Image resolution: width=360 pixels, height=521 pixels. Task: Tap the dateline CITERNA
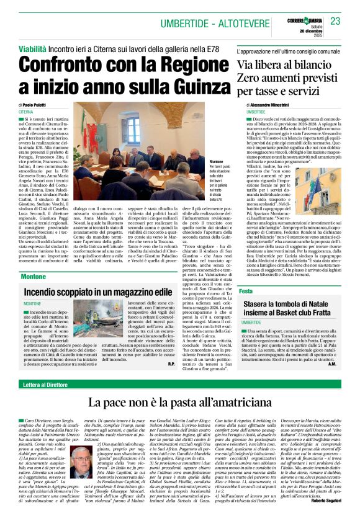click(x=27, y=112)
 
